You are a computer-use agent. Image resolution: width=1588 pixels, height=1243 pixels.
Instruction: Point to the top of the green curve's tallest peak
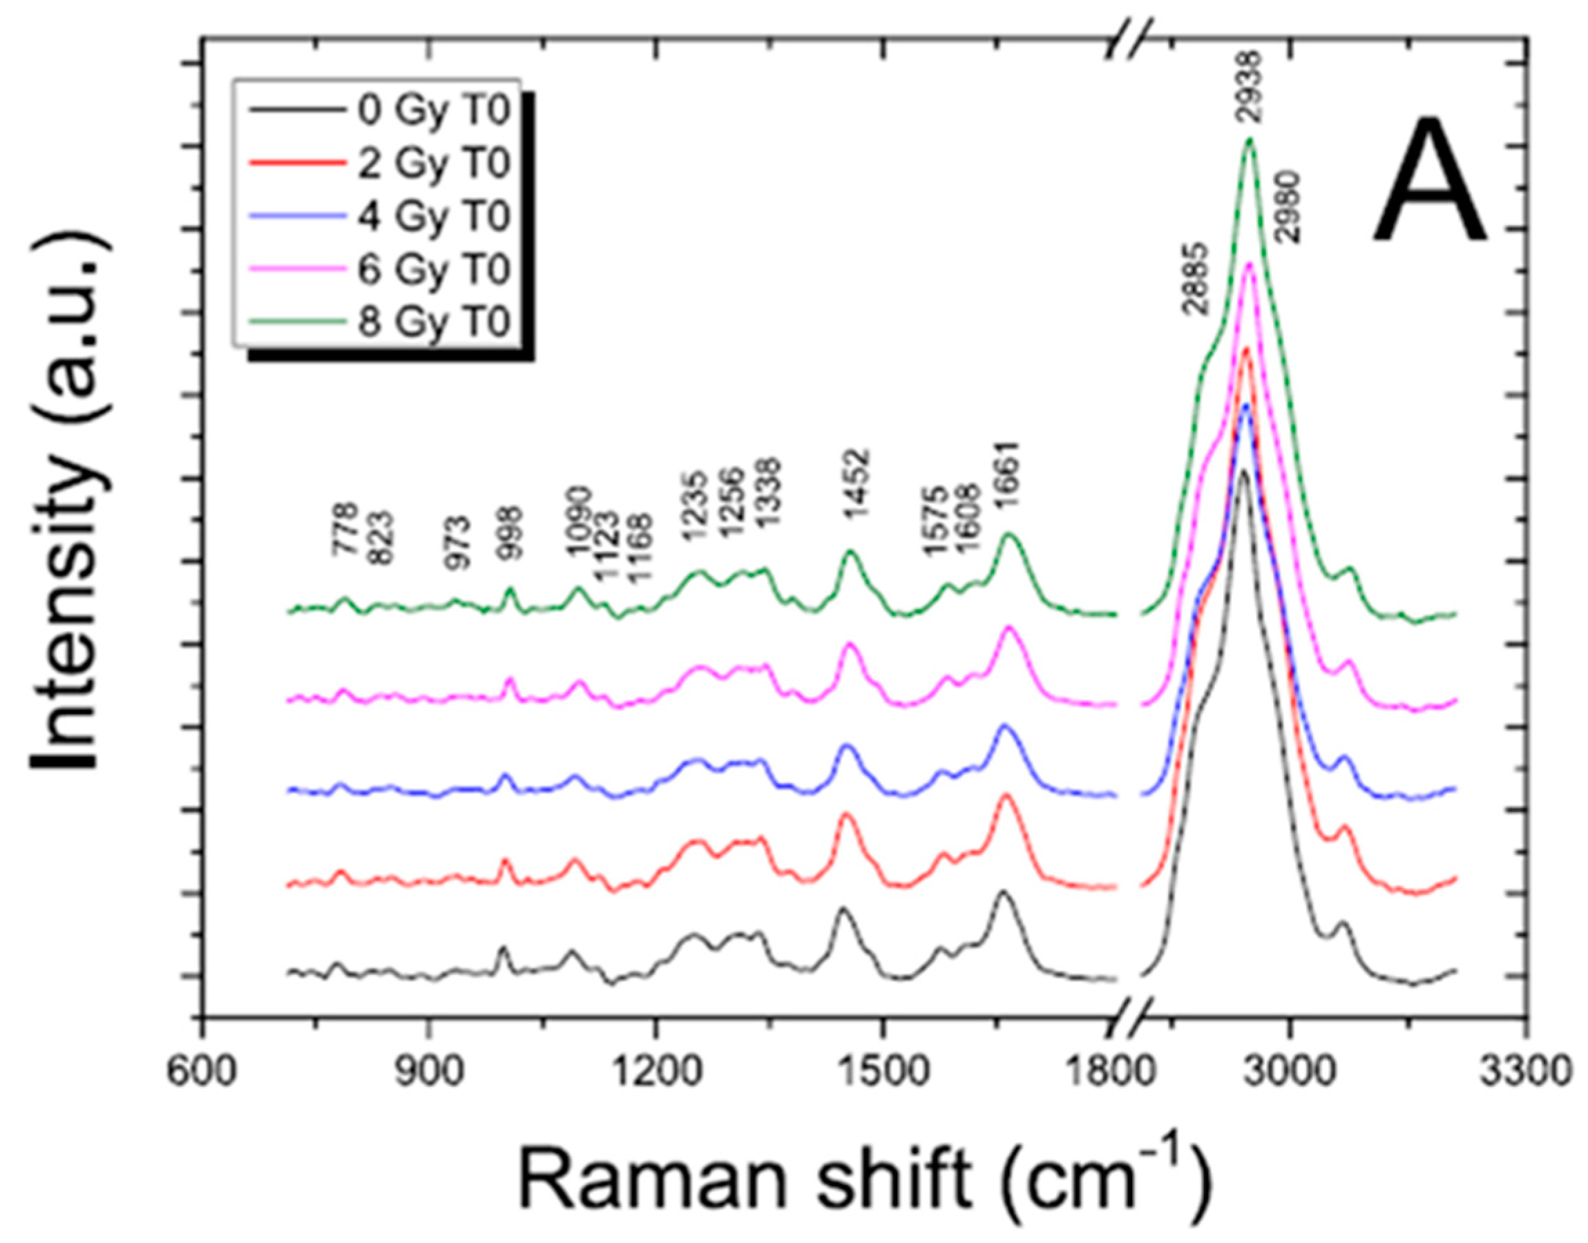(x=1250, y=139)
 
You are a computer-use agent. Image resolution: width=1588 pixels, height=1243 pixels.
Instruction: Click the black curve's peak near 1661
(x=1003, y=892)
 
